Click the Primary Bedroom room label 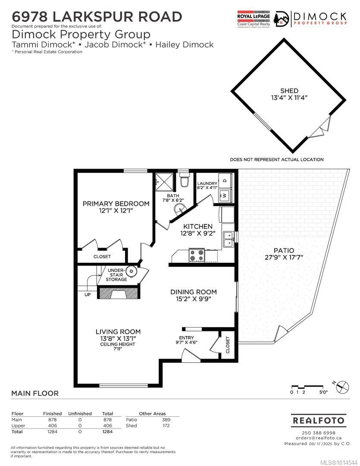coord(116,204)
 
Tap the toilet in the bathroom coord(184,181)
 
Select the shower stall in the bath coord(164,182)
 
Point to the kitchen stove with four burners coord(197,255)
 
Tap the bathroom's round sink coord(180,209)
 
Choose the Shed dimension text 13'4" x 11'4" coord(289,98)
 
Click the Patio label coord(284,250)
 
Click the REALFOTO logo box coord(319,420)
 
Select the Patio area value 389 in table coord(166,419)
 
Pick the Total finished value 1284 coord(52,431)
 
